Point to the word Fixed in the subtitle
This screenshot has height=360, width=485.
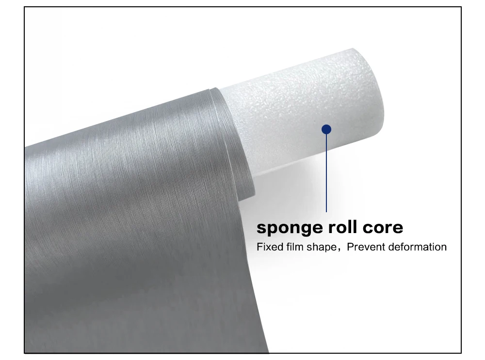coord(267,247)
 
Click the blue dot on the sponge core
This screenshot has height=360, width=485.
coord(326,129)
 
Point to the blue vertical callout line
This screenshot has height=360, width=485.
coord(326,174)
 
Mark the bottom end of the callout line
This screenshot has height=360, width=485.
coord(326,211)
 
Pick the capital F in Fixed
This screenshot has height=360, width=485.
coord(259,247)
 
